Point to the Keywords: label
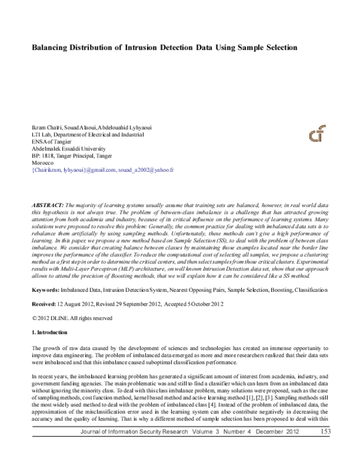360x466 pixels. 45,290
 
